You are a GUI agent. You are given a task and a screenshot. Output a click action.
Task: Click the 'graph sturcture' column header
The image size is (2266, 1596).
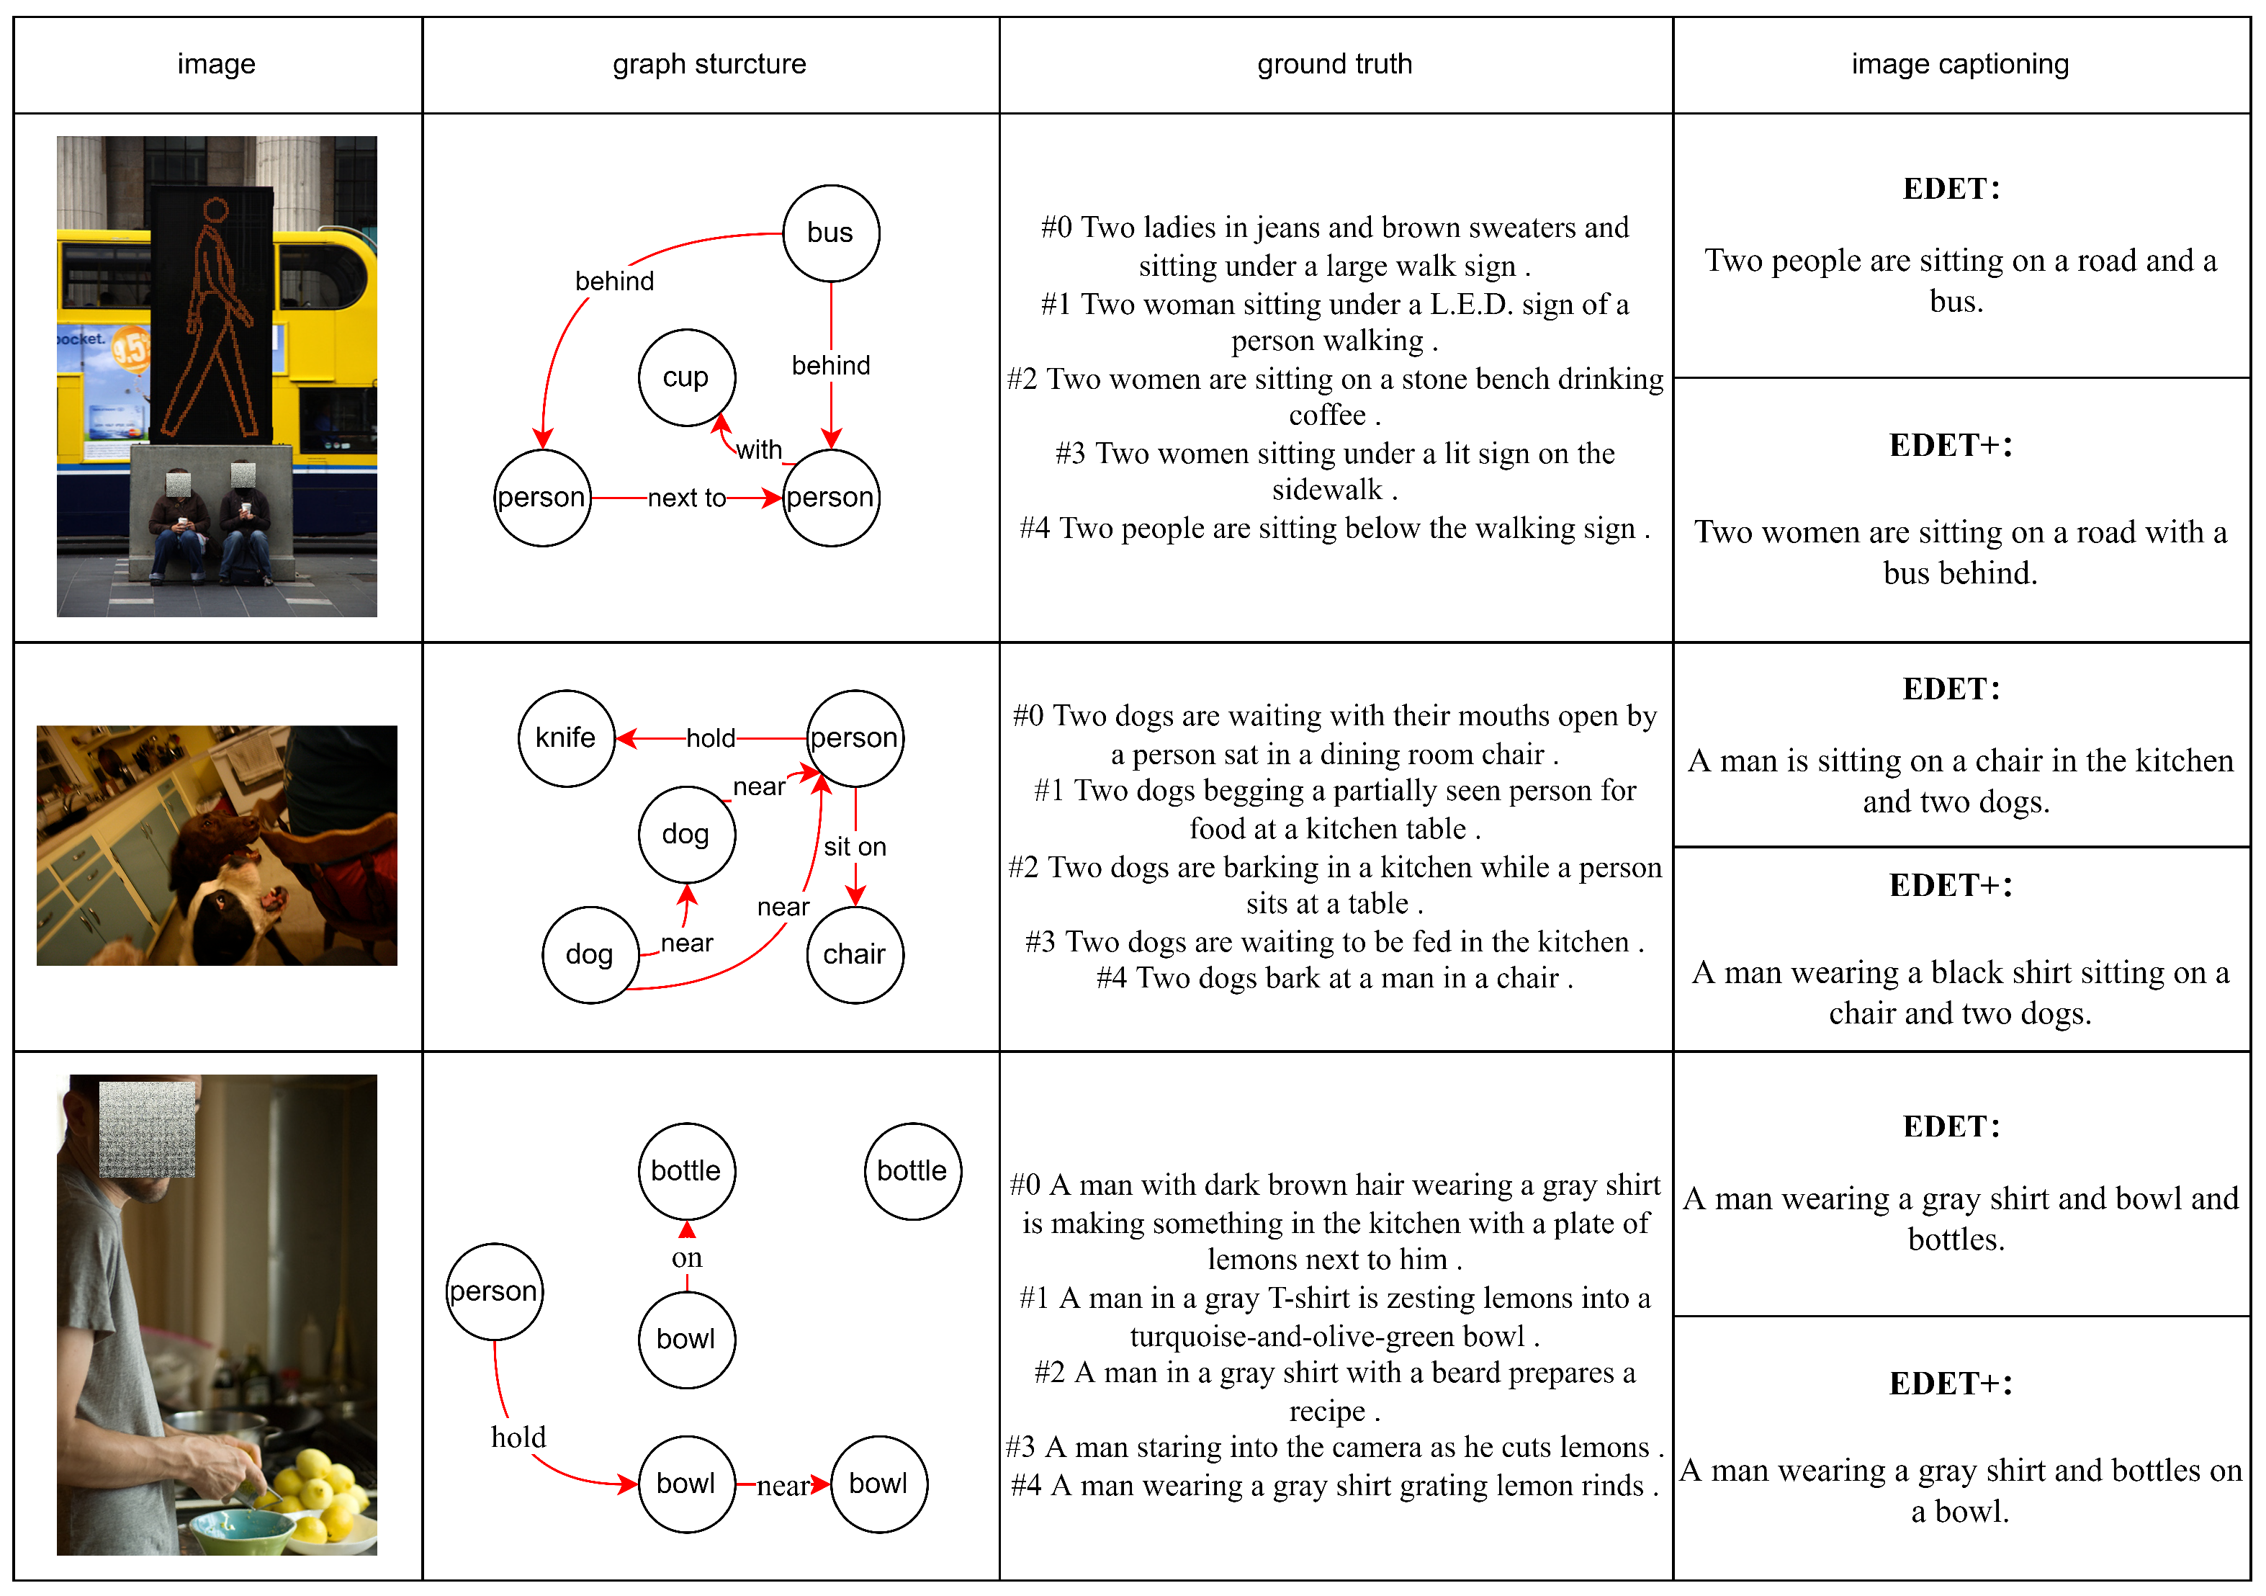pyautogui.click(x=709, y=64)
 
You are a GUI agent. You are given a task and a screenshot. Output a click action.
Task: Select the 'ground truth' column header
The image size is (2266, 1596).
pyautogui.click(x=1334, y=64)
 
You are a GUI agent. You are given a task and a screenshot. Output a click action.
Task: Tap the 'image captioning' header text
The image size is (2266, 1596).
pyautogui.click(x=1959, y=64)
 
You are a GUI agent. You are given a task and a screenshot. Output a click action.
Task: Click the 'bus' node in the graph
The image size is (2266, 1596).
pyautogui.click(x=830, y=233)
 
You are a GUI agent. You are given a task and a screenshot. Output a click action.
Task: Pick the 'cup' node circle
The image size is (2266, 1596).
pyautogui.click(x=686, y=377)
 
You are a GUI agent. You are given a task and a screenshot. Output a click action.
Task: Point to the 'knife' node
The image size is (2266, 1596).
pyautogui.click(x=565, y=738)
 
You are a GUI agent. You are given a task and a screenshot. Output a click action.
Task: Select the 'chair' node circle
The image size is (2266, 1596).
pyautogui.click(x=855, y=954)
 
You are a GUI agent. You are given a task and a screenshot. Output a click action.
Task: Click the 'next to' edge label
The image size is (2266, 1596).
pyautogui.click(x=687, y=498)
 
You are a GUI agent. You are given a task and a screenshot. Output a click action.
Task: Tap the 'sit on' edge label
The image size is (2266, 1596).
pyautogui.click(x=855, y=847)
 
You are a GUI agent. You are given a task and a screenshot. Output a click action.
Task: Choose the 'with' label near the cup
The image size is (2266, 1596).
pyautogui.click(x=759, y=450)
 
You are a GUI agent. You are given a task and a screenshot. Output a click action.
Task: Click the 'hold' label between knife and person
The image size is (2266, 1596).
pyautogui.click(x=711, y=738)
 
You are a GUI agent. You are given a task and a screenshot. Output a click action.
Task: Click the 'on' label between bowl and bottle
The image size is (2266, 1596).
pyautogui.click(x=687, y=1258)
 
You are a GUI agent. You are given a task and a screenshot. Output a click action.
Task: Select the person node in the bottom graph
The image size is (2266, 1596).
pyautogui.click(x=493, y=1291)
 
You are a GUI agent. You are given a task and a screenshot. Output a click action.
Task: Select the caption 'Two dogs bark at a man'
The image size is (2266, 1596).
pyautogui.click(x=1334, y=978)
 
